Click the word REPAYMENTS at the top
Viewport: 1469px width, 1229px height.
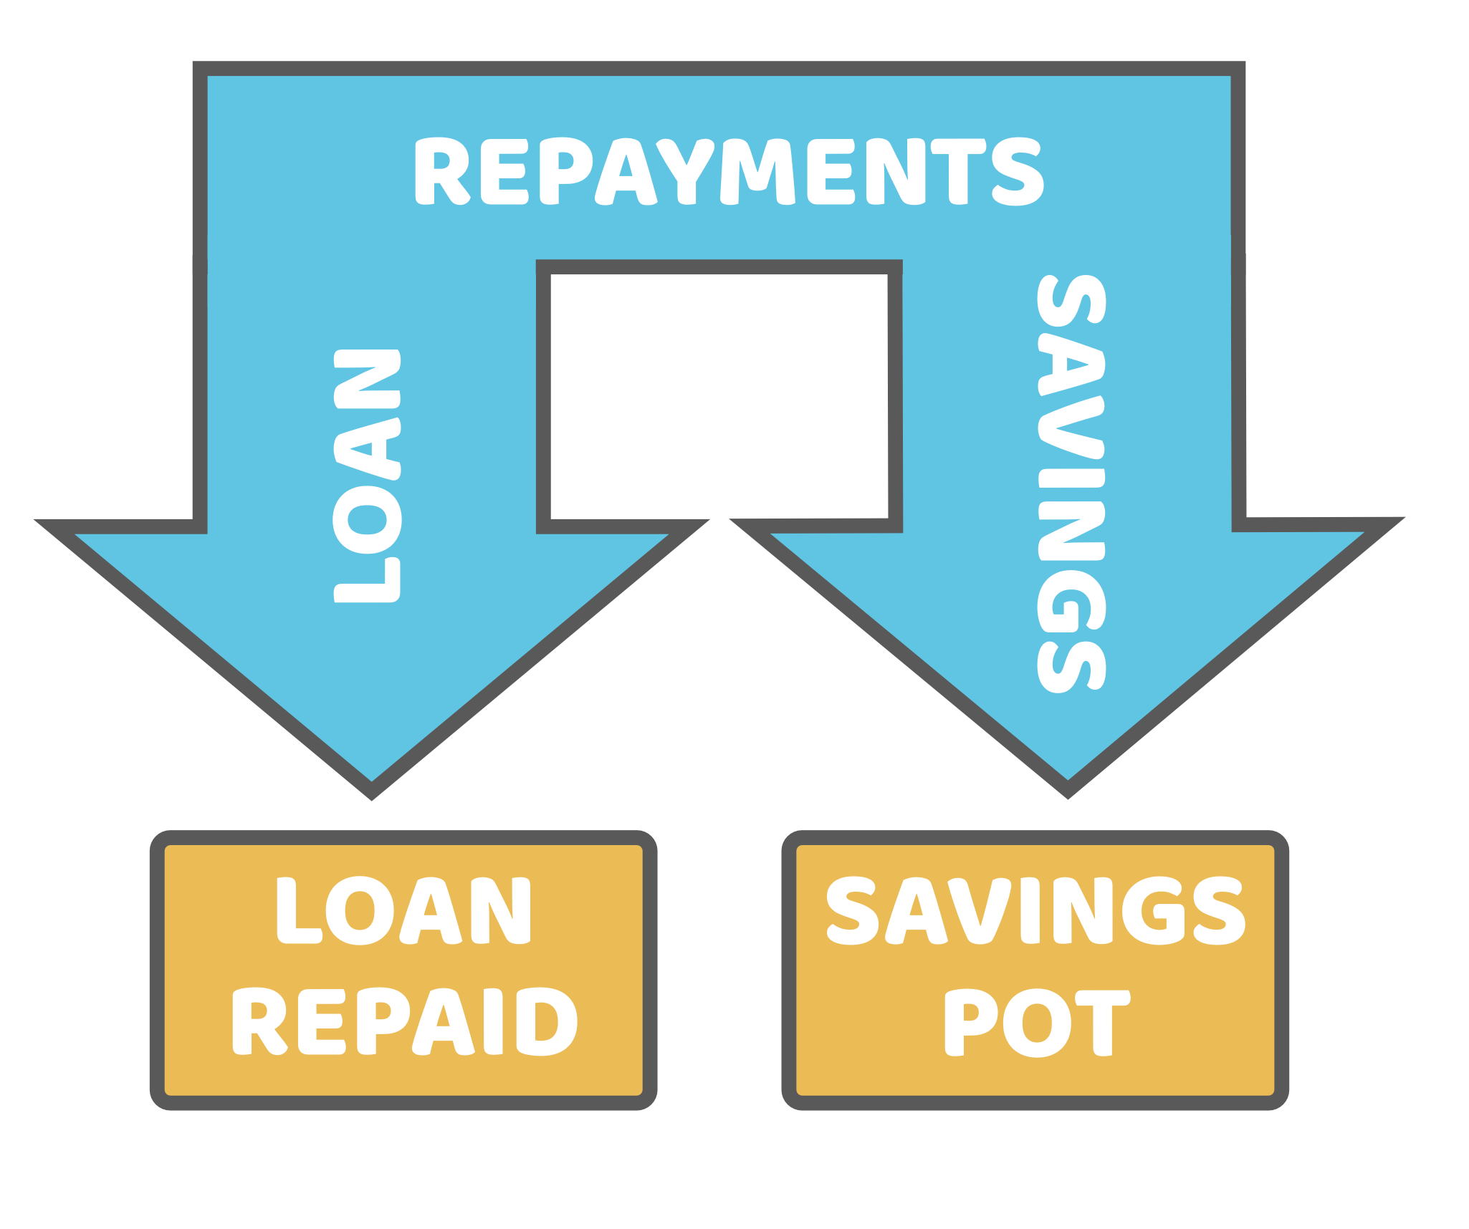coord(728,171)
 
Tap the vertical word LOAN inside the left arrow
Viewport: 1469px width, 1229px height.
coord(367,476)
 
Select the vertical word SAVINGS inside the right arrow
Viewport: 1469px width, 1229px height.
coord(1071,483)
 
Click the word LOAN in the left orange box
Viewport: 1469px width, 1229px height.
coord(403,911)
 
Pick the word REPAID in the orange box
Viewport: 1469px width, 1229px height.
coord(404,1021)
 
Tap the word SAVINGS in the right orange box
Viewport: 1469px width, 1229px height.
coord(1035,910)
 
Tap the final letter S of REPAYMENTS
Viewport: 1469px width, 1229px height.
coord(1018,171)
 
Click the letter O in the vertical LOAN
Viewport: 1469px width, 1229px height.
coord(367,520)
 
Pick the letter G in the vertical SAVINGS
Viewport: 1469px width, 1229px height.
coord(1071,602)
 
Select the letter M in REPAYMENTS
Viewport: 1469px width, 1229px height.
coord(757,172)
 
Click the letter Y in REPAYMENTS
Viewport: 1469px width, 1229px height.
coord(686,171)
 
